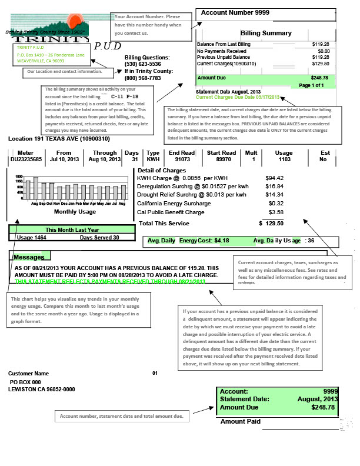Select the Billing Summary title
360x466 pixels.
pyautogui.click(x=266, y=34)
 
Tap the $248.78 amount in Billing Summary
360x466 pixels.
pyautogui.click(x=319, y=78)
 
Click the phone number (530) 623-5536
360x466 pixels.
pyautogui.click(x=142, y=64)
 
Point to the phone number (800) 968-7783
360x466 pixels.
pyautogui.click(x=142, y=77)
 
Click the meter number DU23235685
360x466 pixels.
pyautogui.click(x=26, y=159)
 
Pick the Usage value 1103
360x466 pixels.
pyautogui.click(x=284, y=159)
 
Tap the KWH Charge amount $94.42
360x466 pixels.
pyautogui.click(x=274, y=178)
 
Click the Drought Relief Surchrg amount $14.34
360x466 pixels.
pyautogui.click(x=274, y=195)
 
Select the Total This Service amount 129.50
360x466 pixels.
pyautogui.click(x=274, y=224)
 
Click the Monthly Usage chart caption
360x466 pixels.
pyautogui.click(x=75, y=211)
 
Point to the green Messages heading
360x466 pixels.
pyautogui.click(x=29, y=257)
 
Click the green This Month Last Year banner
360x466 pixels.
pyautogui.click(x=72, y=230)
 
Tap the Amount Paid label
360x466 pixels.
pyautogui.click(x=240, y=422)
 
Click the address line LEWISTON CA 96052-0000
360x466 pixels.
pyautogui.click(x=42, y=390)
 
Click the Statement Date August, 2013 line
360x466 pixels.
pyautogui.click(x=227, y=92)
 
